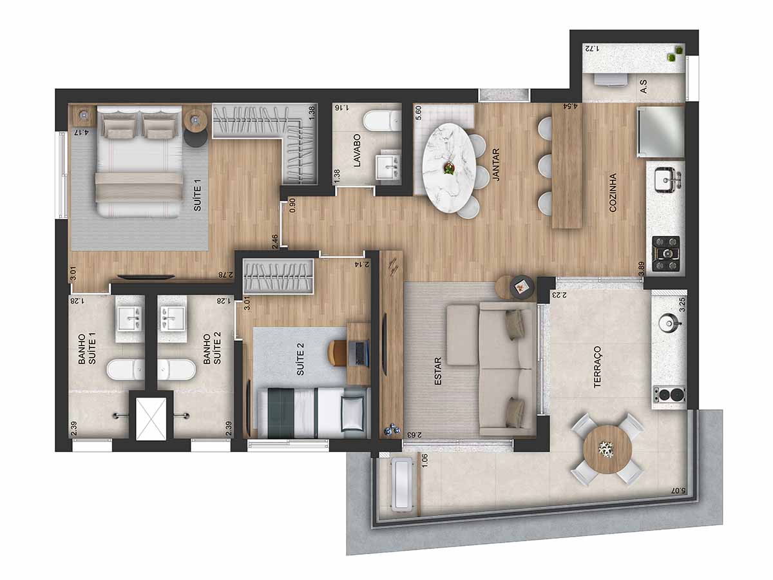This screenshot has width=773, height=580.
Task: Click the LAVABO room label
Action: pos(357,150)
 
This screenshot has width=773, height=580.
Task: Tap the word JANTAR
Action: pos(496,165)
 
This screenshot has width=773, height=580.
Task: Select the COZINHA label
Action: pos(613,192)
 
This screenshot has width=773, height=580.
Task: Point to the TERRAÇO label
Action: pos(597,367)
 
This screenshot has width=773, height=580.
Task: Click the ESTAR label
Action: pos(438,371)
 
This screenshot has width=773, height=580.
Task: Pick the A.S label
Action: pos(643,86)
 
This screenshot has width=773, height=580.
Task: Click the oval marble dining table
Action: pos(449,168)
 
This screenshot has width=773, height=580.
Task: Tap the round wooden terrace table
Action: pos(607,449)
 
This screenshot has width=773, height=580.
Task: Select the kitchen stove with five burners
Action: pos(665,253)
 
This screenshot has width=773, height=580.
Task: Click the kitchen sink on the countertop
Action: pos(667,180)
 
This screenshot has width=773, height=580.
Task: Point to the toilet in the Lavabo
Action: pos(382,121)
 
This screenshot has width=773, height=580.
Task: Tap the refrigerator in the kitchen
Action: pos(660,131)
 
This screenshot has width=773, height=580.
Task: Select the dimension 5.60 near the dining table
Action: pos(418,113)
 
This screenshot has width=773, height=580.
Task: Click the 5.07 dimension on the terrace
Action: pos(676,490)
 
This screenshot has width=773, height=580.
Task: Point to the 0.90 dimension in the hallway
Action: pos(292,206)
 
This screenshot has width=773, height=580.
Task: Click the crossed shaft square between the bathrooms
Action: pos(151,419)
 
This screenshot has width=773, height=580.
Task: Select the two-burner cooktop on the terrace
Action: pos(669,395)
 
